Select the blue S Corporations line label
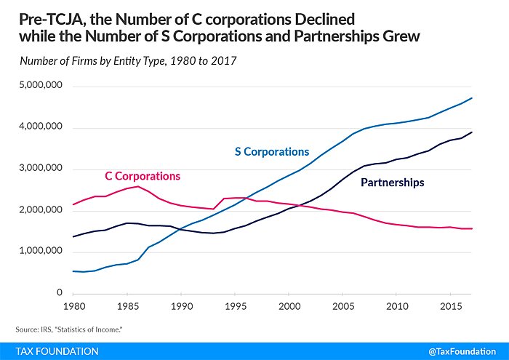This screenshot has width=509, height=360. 271,152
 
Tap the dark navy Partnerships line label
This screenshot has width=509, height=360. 393,183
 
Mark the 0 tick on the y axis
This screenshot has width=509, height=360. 61,294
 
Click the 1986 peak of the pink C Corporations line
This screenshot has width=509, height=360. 138,186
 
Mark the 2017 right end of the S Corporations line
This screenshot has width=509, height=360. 471,98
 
